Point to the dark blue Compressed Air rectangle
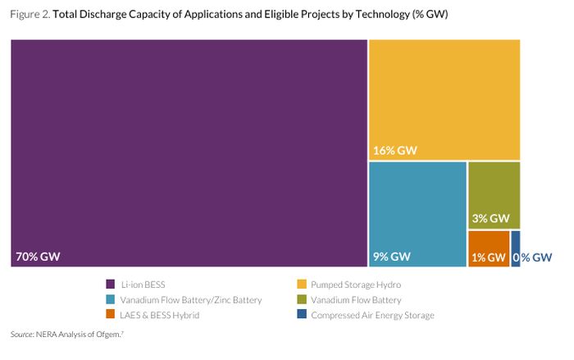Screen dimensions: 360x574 [x=516, y=248]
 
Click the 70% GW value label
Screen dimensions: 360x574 [x=38, y=257]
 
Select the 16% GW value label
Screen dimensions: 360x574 [x=395, y=150]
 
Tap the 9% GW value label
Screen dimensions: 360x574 [x=390, y=257]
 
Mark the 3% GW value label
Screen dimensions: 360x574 [x=490, y=219]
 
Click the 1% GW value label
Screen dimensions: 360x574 [x=490, y=257]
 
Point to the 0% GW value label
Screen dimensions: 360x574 [x=533, y=257]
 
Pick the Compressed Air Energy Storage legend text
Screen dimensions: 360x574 [x=372, y=315]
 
